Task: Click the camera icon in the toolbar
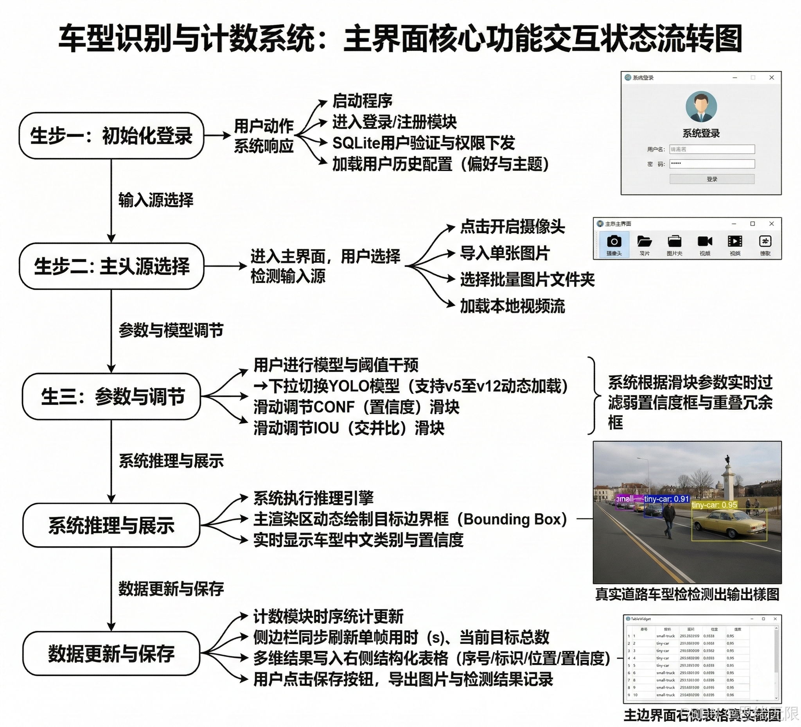614,241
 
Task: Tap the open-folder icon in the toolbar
644,241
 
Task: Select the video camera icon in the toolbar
704,241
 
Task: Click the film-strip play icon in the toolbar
735,241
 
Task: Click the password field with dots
712,164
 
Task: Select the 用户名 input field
712,149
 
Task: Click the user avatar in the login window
701,107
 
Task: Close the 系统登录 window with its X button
772,78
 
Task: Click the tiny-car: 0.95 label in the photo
715,505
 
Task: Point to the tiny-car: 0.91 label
666,499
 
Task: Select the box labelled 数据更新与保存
111,653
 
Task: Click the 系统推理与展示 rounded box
111,525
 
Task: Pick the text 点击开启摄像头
512,227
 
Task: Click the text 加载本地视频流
512,306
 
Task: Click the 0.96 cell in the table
730,695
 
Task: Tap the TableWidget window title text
641,619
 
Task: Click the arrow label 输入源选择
156,200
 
